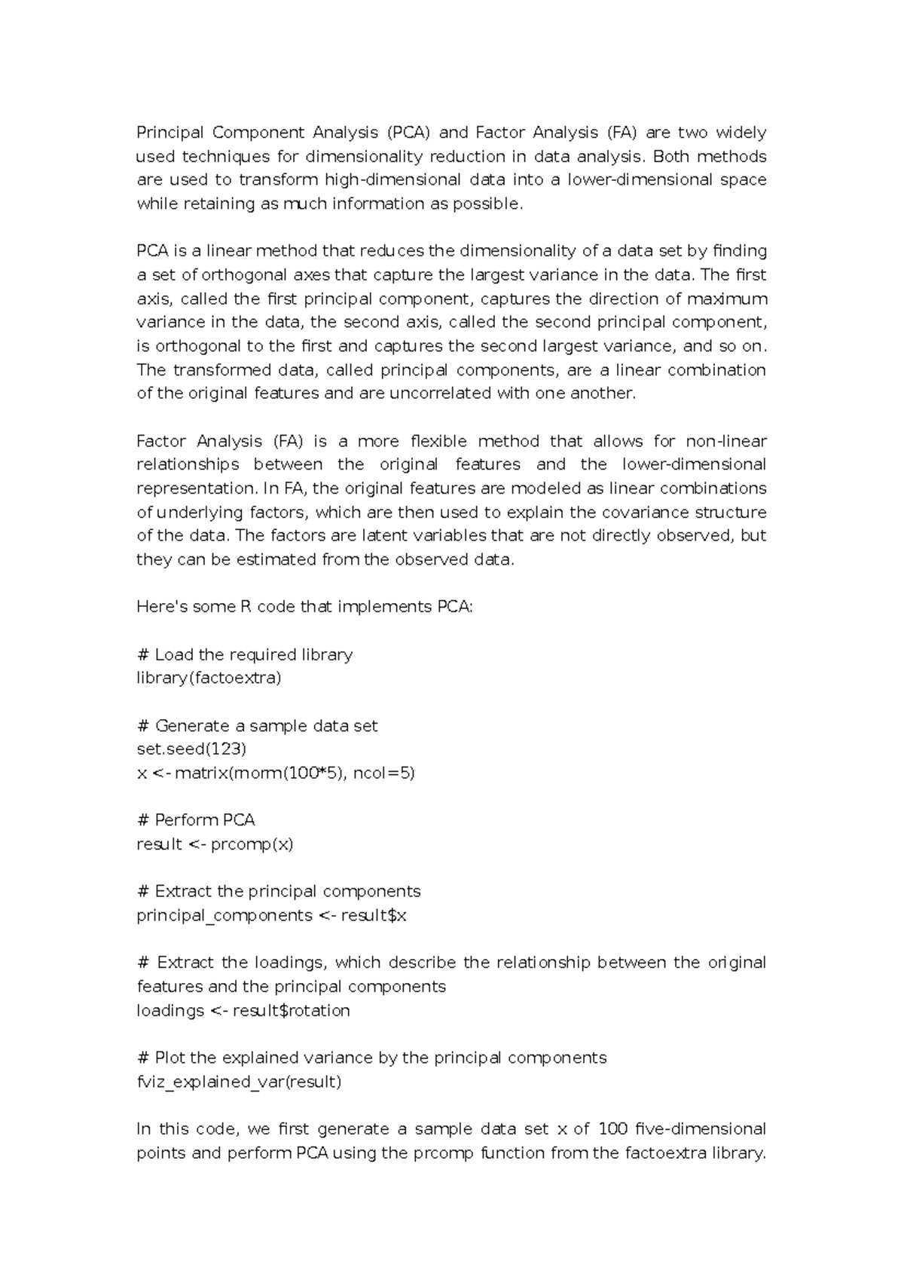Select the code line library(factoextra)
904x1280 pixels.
point(209,678)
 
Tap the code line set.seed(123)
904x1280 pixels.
point(191,749)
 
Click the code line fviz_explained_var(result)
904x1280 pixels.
point(239,1082)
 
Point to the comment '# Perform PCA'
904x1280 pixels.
point(197,820)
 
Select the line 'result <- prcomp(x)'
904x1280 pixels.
point(215,844)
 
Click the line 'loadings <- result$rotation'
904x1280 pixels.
point(243,1011)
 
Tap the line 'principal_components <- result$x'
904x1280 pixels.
point(271,916)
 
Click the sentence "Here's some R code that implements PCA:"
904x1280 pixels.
point(304,607)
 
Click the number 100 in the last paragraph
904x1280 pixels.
point(612,1129)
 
